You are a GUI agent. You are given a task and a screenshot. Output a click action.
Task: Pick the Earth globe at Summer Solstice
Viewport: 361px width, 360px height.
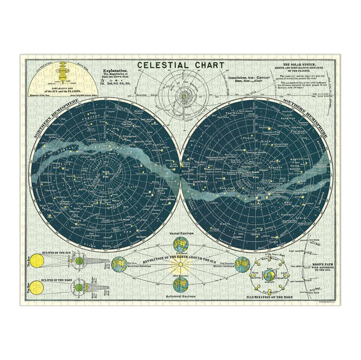pos(119,264)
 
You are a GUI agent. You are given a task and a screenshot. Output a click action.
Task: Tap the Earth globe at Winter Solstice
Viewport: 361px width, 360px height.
pos(242,263)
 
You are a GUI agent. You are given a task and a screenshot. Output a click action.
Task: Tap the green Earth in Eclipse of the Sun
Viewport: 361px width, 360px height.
pos(79,261)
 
